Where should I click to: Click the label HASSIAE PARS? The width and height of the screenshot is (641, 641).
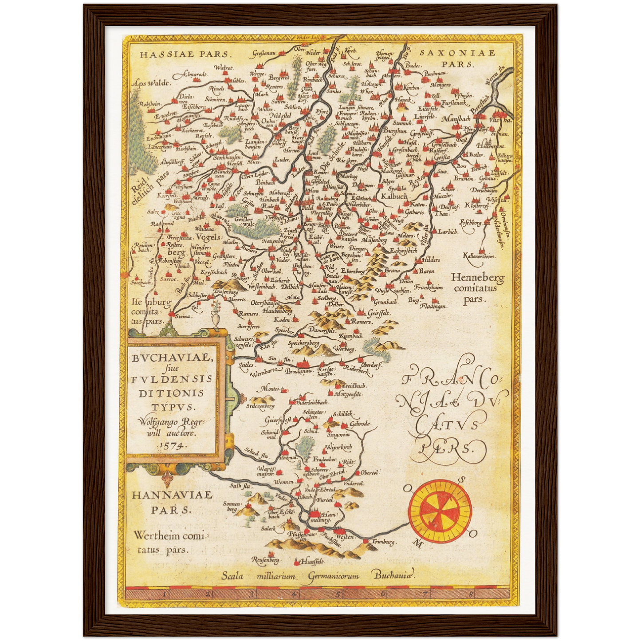[x=184, y=55]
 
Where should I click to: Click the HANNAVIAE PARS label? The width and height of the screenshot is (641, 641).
[x=172, y=502]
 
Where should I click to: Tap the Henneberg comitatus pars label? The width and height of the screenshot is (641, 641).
[x=477, y=288]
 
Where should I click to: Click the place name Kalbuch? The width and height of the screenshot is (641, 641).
[x=394, y=196]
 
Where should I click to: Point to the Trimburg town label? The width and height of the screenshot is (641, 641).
[x=383, y=542]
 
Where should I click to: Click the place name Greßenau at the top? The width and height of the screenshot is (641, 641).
[x=264, y=53]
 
